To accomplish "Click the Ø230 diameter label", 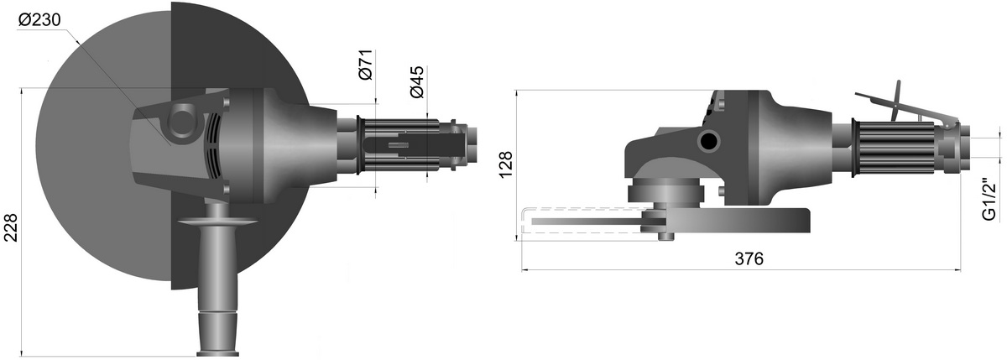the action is pos(39,20).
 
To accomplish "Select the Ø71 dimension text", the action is pos(367,65).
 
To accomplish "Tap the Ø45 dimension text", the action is pos(417,81).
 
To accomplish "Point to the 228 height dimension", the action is pos(10,228).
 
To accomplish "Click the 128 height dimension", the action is pos(506,165).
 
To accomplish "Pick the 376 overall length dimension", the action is pos(749,258).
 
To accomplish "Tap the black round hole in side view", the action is pos(709,143).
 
